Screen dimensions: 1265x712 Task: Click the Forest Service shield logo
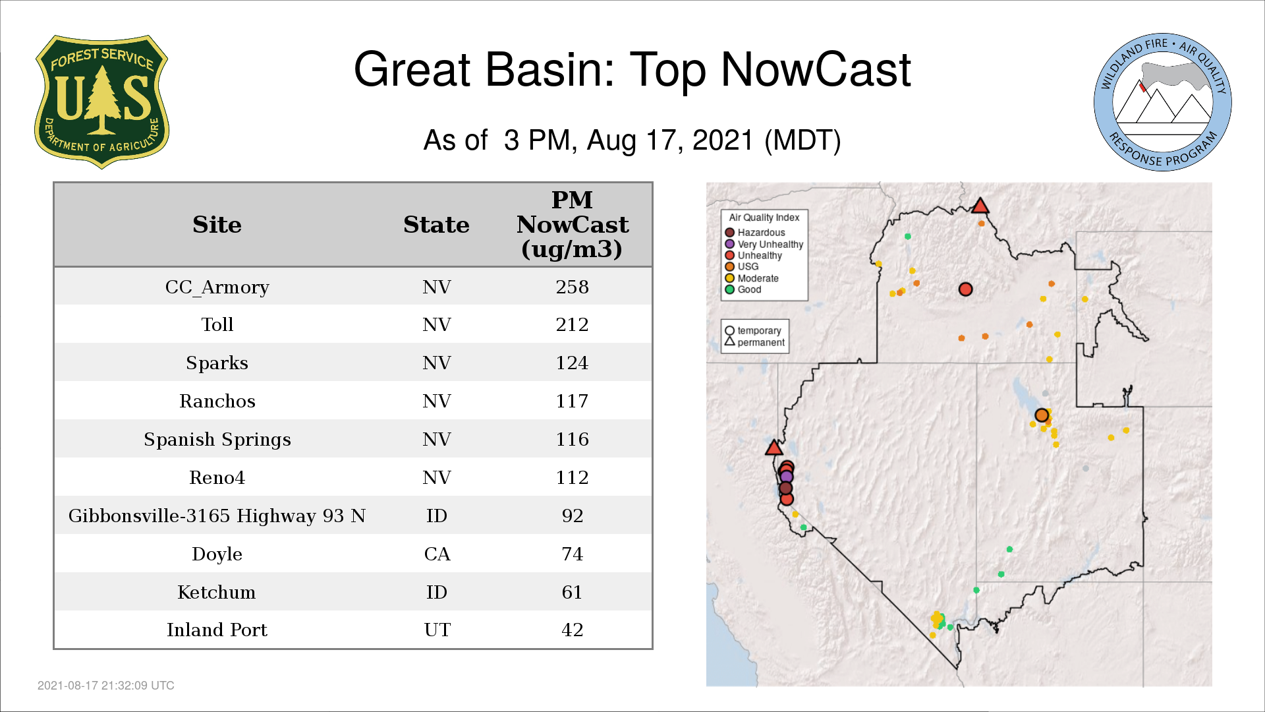(101, 102)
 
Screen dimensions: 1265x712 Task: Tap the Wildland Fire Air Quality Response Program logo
(1163, 102)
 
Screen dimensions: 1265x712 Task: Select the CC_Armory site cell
(217, 287)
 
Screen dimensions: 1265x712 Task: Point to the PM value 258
(572, 287)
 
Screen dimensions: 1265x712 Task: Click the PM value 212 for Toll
(572, 324)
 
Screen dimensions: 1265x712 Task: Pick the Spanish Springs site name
(217, 440)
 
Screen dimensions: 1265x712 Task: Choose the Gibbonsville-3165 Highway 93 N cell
(217, 516)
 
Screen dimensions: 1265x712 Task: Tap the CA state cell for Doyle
(437, 554)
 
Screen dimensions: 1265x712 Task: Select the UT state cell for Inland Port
(437, 630)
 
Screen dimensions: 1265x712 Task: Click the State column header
(436, 225)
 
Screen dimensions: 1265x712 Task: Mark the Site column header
(217, 225)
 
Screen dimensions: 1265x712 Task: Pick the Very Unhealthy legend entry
(764, 244)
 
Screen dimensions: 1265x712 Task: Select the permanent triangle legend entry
(754, 342)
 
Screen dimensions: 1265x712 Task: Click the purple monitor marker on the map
(786, 477)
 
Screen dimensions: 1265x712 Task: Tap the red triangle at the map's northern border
(980, 206)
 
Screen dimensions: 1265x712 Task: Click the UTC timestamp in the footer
(106, 686)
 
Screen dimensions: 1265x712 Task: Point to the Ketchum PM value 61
(572, 592)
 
